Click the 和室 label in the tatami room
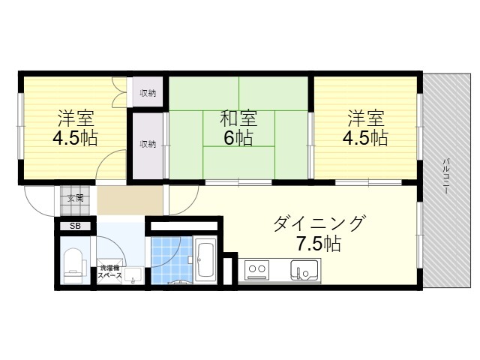click(238, 118)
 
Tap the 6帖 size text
click(238, 138)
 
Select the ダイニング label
click(319, 224)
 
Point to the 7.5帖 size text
click(319, 244)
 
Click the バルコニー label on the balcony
click(446, 175)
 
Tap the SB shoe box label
click(75, 226)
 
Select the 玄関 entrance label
click(75, 198)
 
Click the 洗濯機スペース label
click(110, 271)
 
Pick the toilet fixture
click(74, 265)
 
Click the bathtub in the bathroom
click(205, 260)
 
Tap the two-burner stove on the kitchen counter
click(257, 270)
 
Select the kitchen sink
click(304, 270)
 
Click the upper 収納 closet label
click(148, 93)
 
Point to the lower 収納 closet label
click(148, 144)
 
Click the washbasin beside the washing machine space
click(133, 275)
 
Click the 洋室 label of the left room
click(76, 118)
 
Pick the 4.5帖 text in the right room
click(365, 138)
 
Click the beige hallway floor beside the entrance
click(130, 200)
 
